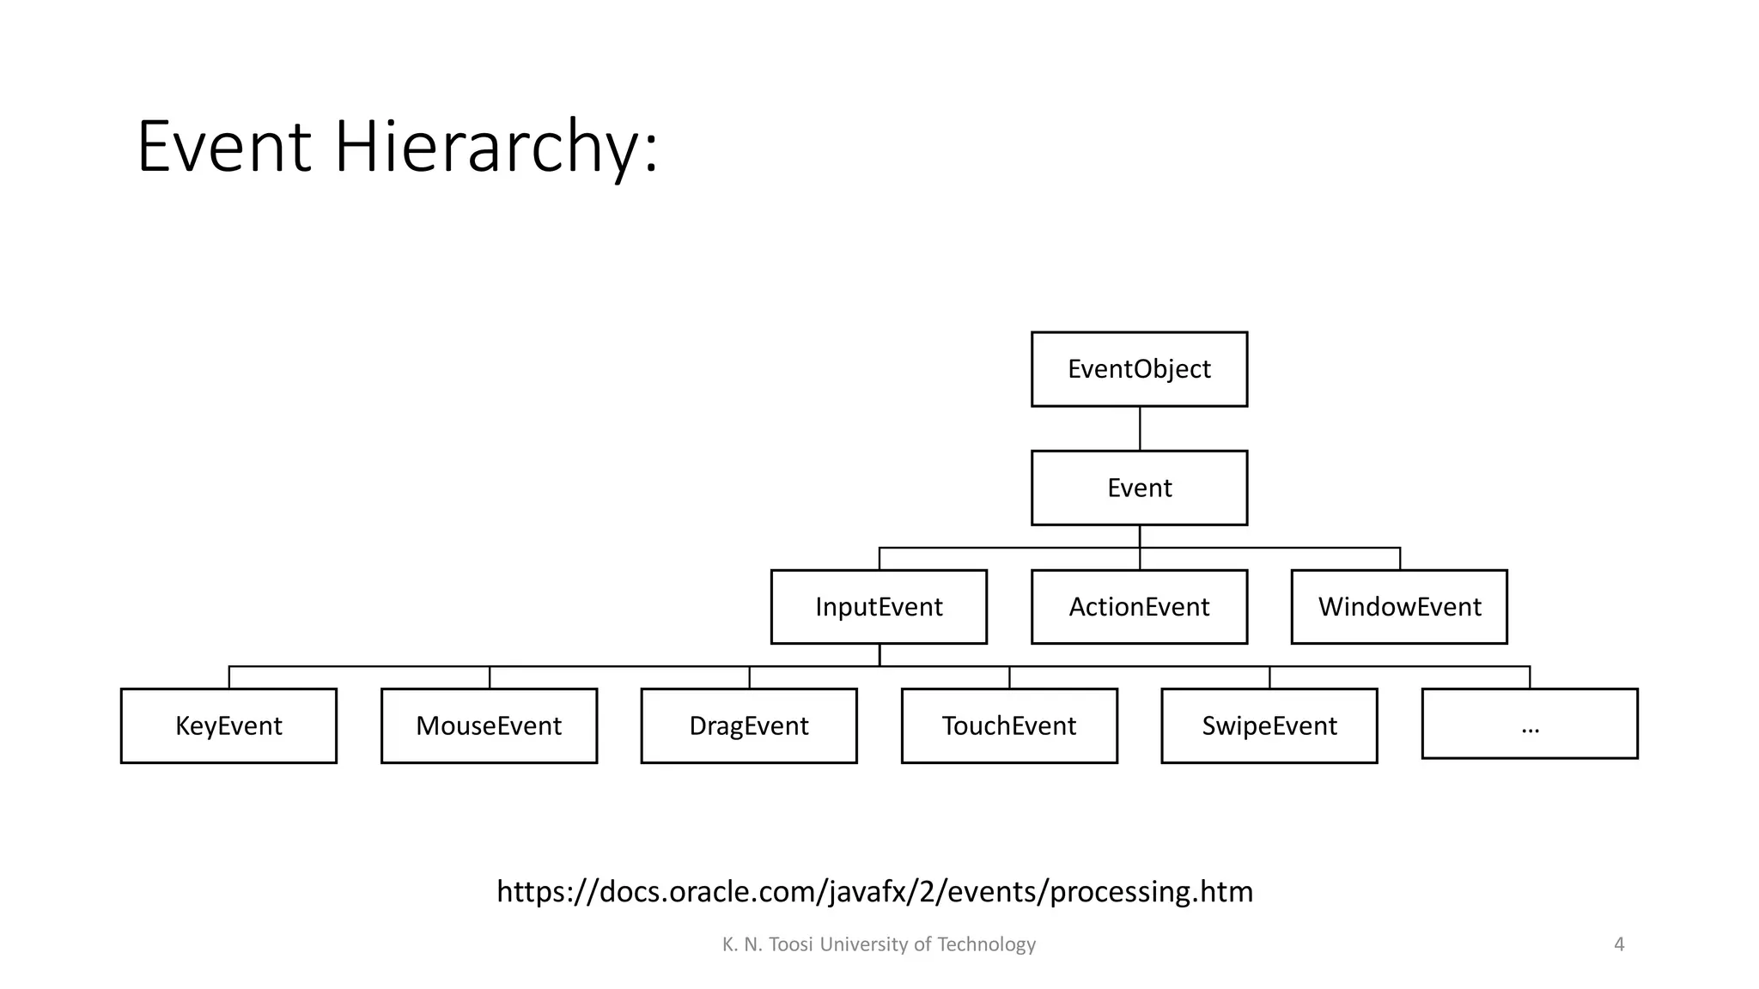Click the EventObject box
coord(1139,369)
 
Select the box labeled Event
coord(1139,488)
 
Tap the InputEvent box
coord(879,607)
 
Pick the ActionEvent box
coord(1139,607)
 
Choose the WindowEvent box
coord(1399,607)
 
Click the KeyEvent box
coord(228,725)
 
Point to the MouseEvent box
coord(489,725)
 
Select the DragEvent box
coord(749,725)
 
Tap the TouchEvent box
coord(1009,725)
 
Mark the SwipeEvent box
coord(1269,725)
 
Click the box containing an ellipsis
coord(1530,724)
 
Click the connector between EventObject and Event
coord(1140,428)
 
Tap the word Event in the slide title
coord(223,148)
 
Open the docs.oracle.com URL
coord(874,891)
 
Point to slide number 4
coord(1619,944)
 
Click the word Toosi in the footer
coord(791,944)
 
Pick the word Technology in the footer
coord(986,944)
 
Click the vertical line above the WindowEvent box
coord(1400,559)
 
